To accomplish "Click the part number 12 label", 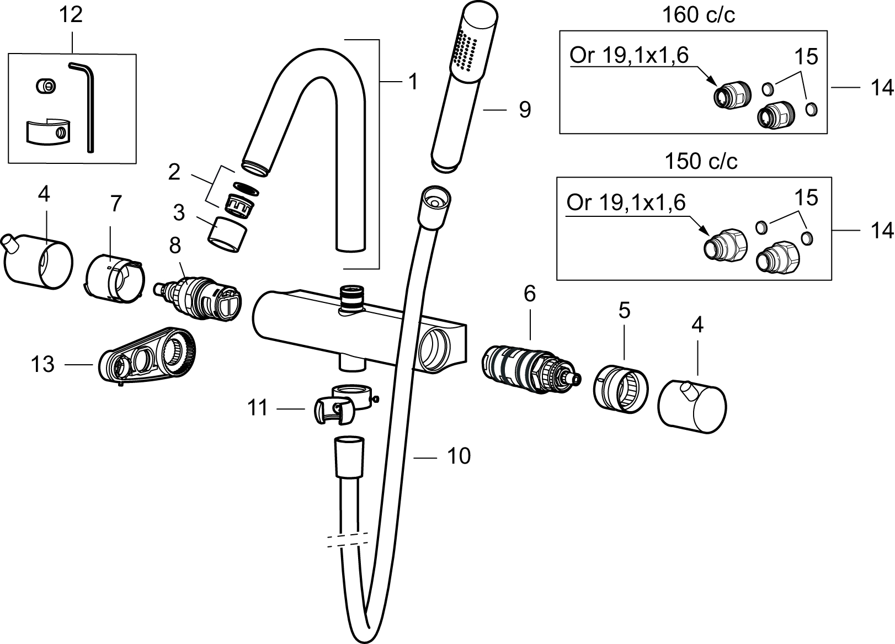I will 71,14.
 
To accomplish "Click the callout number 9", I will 525,109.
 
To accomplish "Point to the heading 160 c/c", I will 698,15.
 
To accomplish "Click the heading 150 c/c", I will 701,162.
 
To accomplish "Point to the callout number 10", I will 459,456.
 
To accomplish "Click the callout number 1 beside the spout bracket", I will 413,82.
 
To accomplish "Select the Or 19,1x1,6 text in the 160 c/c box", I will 629,56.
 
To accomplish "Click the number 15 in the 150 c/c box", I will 806,198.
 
